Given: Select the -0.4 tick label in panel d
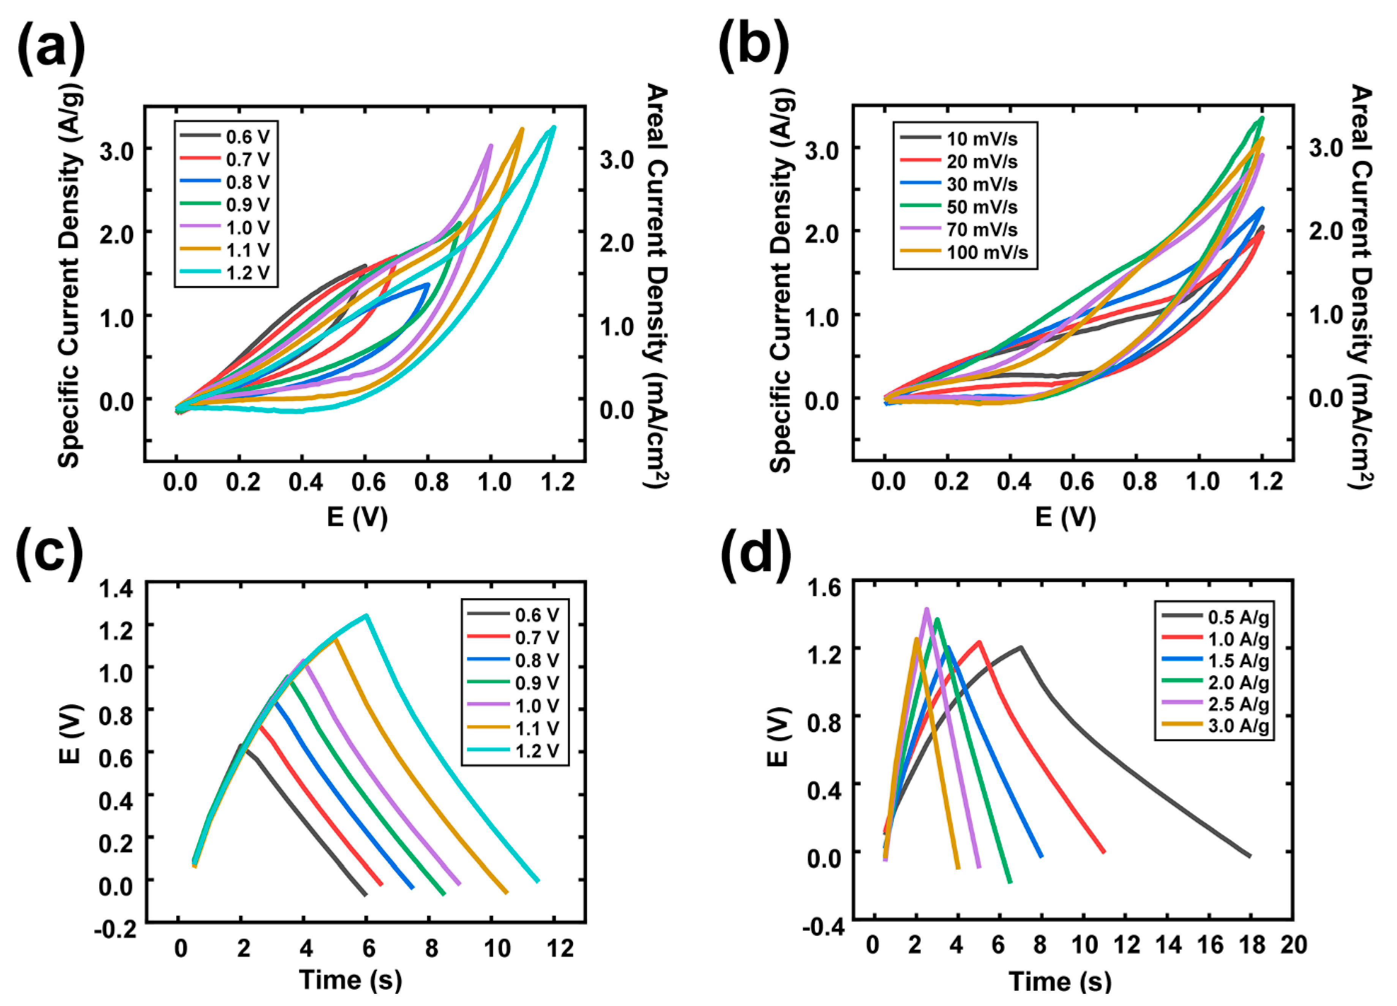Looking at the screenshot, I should click(823, 927).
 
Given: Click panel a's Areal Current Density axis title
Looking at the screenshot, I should click(657, 286).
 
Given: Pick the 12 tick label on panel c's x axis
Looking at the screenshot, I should click(560, 948).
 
